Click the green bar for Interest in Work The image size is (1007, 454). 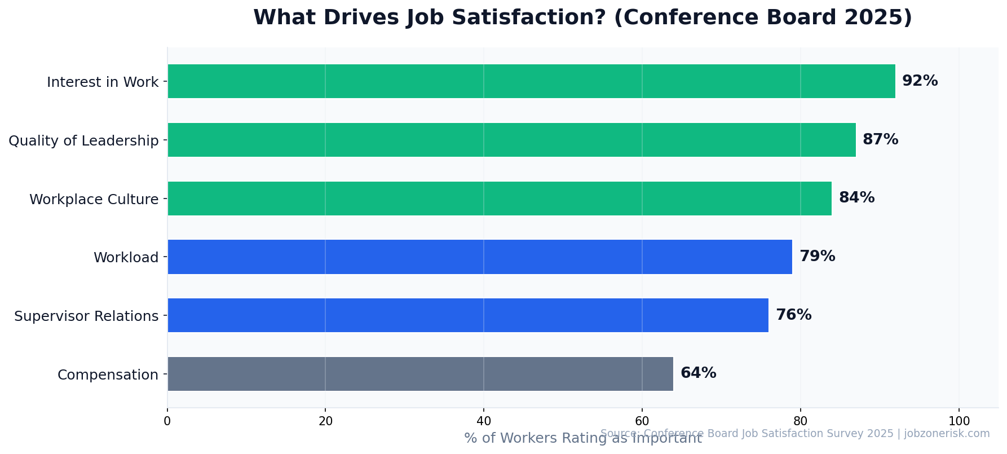[531, 81]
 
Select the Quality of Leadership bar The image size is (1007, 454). [511, 140]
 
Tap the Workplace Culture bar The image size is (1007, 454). [500, 199]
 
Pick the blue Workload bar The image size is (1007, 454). [480, 257]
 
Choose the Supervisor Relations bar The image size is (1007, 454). [468, 315]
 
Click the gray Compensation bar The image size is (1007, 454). [420, 374]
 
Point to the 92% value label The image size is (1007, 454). [920, 81]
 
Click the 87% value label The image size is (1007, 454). [880, 140]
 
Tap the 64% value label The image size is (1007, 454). [698, 373]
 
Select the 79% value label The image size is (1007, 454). [817, 257]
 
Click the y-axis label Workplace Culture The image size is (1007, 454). [94, 200]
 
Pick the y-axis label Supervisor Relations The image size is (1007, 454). [86, 316]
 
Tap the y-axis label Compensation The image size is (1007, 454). [108, 375]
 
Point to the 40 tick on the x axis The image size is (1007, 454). [483, 421]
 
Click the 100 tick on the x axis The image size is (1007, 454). [959, 421]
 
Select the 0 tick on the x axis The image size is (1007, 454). [167, 421]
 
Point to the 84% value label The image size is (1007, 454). [856, 198]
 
